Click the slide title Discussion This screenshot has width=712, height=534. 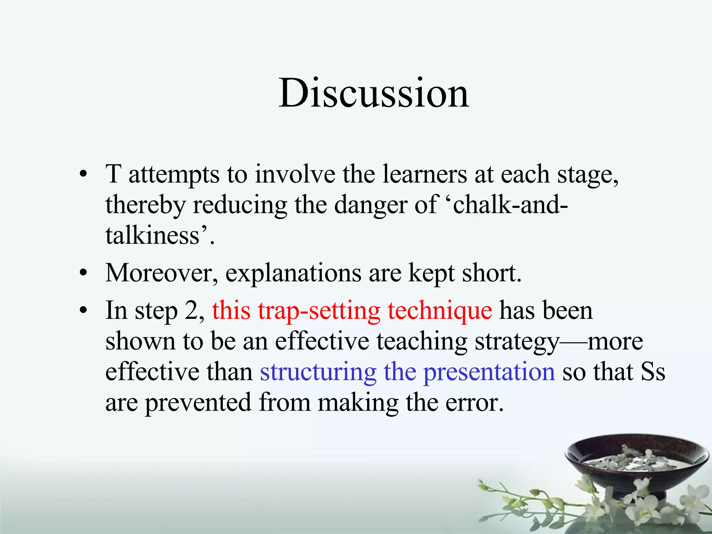pos(374,93)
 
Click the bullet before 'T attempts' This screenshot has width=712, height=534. pos(83,174)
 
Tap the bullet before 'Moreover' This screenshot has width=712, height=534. pos(83,273)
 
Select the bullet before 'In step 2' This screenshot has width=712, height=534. pos(83,310)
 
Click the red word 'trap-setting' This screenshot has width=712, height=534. pos(319,310)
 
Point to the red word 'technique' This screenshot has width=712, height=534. pos(440,310)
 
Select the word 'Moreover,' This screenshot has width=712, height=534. pos(162,273)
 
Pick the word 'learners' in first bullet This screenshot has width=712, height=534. pos(424,174)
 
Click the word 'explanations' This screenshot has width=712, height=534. pos(293,273)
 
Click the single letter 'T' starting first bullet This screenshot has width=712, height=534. pos(113,174)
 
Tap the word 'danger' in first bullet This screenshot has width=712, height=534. pos(370,205)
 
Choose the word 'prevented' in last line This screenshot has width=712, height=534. pos(198,403)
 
